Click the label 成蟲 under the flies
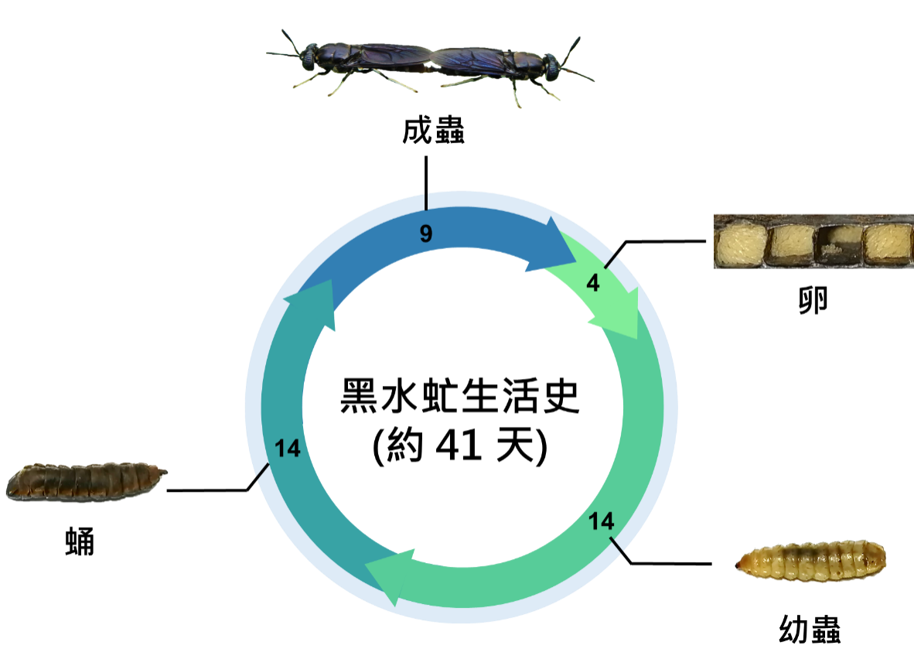tap(433, 130)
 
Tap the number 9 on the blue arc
tap(426, 234)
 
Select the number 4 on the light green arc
tap(593, 283)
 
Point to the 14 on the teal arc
tap(288, 448)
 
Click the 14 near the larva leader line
tap(601, 521)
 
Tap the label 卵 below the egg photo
tap(813, 300)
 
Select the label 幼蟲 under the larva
tap(810, 630)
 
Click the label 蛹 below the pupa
tap(80, 541)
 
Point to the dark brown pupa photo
tap(87, 482)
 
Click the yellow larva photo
tap(810, 561)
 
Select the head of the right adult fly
tap(551, 66)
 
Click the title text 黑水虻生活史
tap(460, 396)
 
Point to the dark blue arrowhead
tap(554, 245)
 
